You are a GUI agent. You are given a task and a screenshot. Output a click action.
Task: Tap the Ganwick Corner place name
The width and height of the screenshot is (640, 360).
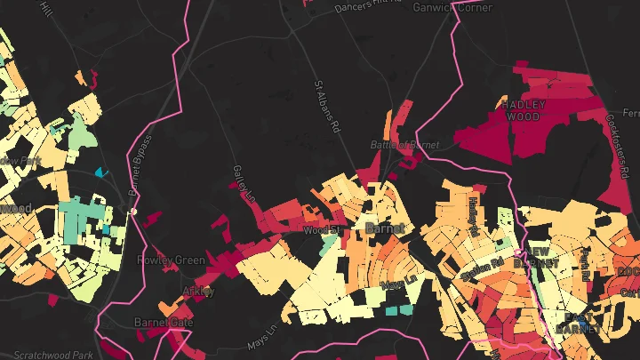click(x=452, y=7)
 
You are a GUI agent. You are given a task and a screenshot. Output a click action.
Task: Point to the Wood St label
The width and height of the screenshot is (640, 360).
click(x=322, y=230)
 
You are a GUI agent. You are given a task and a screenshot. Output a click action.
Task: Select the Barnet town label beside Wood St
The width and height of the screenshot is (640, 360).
click(x=385, y=228)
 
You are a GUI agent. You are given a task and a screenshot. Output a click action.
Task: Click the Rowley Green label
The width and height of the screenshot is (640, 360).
click(x=171, y=260)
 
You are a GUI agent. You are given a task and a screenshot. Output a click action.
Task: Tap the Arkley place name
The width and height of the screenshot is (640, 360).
click(x=198, y=291)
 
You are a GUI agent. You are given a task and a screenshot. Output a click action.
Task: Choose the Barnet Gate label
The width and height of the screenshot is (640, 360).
click(x=163, y=322)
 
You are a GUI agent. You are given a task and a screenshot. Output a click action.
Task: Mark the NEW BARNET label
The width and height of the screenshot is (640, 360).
click(x=543, y=257)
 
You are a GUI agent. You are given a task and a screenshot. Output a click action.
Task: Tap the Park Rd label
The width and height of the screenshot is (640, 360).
click(x=586, y=261)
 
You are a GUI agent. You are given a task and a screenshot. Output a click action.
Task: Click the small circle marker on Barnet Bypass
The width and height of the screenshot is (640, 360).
click(x=133, y=212)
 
